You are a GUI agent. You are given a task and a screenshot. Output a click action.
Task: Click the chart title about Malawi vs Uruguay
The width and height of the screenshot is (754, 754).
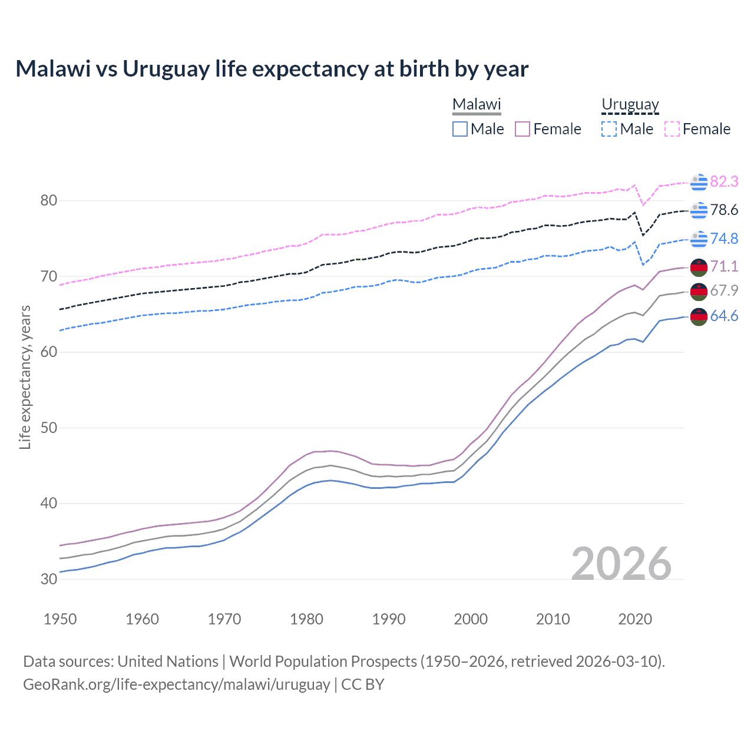click(x=272, y=69)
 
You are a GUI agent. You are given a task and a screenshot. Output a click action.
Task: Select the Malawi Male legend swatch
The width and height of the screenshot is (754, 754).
click(x=460, y=129)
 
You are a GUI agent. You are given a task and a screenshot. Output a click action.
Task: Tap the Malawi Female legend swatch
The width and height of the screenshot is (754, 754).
click(x=522, y=129)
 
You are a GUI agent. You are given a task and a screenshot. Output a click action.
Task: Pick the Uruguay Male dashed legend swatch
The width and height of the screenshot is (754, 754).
click(x=609, y=129)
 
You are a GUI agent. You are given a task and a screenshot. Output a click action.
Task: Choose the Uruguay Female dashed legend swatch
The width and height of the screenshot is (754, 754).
click(x=672, y=129)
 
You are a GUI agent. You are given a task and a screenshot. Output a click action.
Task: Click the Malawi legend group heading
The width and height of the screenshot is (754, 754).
click(x=477, y=105)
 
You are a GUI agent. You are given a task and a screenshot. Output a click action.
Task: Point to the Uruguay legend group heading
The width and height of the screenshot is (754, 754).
click(x=630, y=105)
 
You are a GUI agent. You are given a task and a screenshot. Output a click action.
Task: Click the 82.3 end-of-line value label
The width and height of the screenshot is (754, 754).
click(x=724, y=182)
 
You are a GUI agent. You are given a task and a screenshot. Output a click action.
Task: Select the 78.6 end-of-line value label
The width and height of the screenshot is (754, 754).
click(x=724, y=210)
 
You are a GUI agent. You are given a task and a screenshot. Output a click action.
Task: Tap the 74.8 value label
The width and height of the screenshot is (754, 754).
click(x=724, y=239)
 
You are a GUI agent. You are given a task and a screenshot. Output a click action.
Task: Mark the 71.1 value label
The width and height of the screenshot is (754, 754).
click(x=724, y=266)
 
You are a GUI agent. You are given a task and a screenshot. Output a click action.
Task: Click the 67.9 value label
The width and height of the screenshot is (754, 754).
click(x=724, y=290)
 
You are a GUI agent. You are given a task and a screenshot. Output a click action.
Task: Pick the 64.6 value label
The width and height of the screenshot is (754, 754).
click(x=724, y=316)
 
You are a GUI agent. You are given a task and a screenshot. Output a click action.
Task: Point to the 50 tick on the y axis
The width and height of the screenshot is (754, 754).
click(x=49, y=428)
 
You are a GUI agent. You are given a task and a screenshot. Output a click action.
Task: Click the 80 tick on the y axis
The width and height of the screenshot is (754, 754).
click(x=49, y=201)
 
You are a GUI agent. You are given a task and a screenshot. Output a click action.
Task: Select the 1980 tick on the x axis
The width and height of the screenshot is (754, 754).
click(x=306, y=619)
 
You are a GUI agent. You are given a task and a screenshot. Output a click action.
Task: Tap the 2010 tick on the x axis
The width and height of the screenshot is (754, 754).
click(x=553, y=619)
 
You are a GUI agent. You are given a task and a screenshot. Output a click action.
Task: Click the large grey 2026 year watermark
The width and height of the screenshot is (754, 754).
click(x=621, y=564)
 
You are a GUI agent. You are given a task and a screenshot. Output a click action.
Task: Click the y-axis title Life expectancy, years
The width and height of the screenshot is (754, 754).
click(x=25, y=377)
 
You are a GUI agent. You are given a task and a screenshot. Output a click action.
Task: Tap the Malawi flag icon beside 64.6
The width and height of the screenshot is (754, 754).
click(x=699, y=316)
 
